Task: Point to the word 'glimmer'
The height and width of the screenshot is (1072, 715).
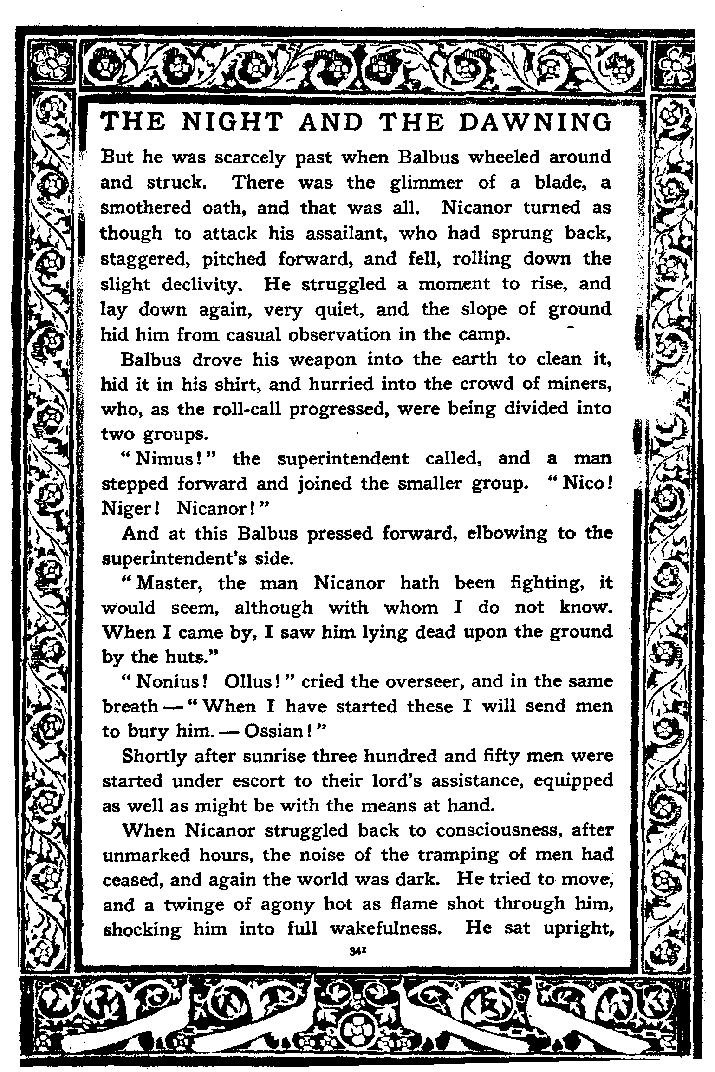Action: pos(426,183)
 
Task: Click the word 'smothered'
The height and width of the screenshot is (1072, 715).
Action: pos(146,208)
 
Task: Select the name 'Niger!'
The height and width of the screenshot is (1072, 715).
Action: pos(130,510)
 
